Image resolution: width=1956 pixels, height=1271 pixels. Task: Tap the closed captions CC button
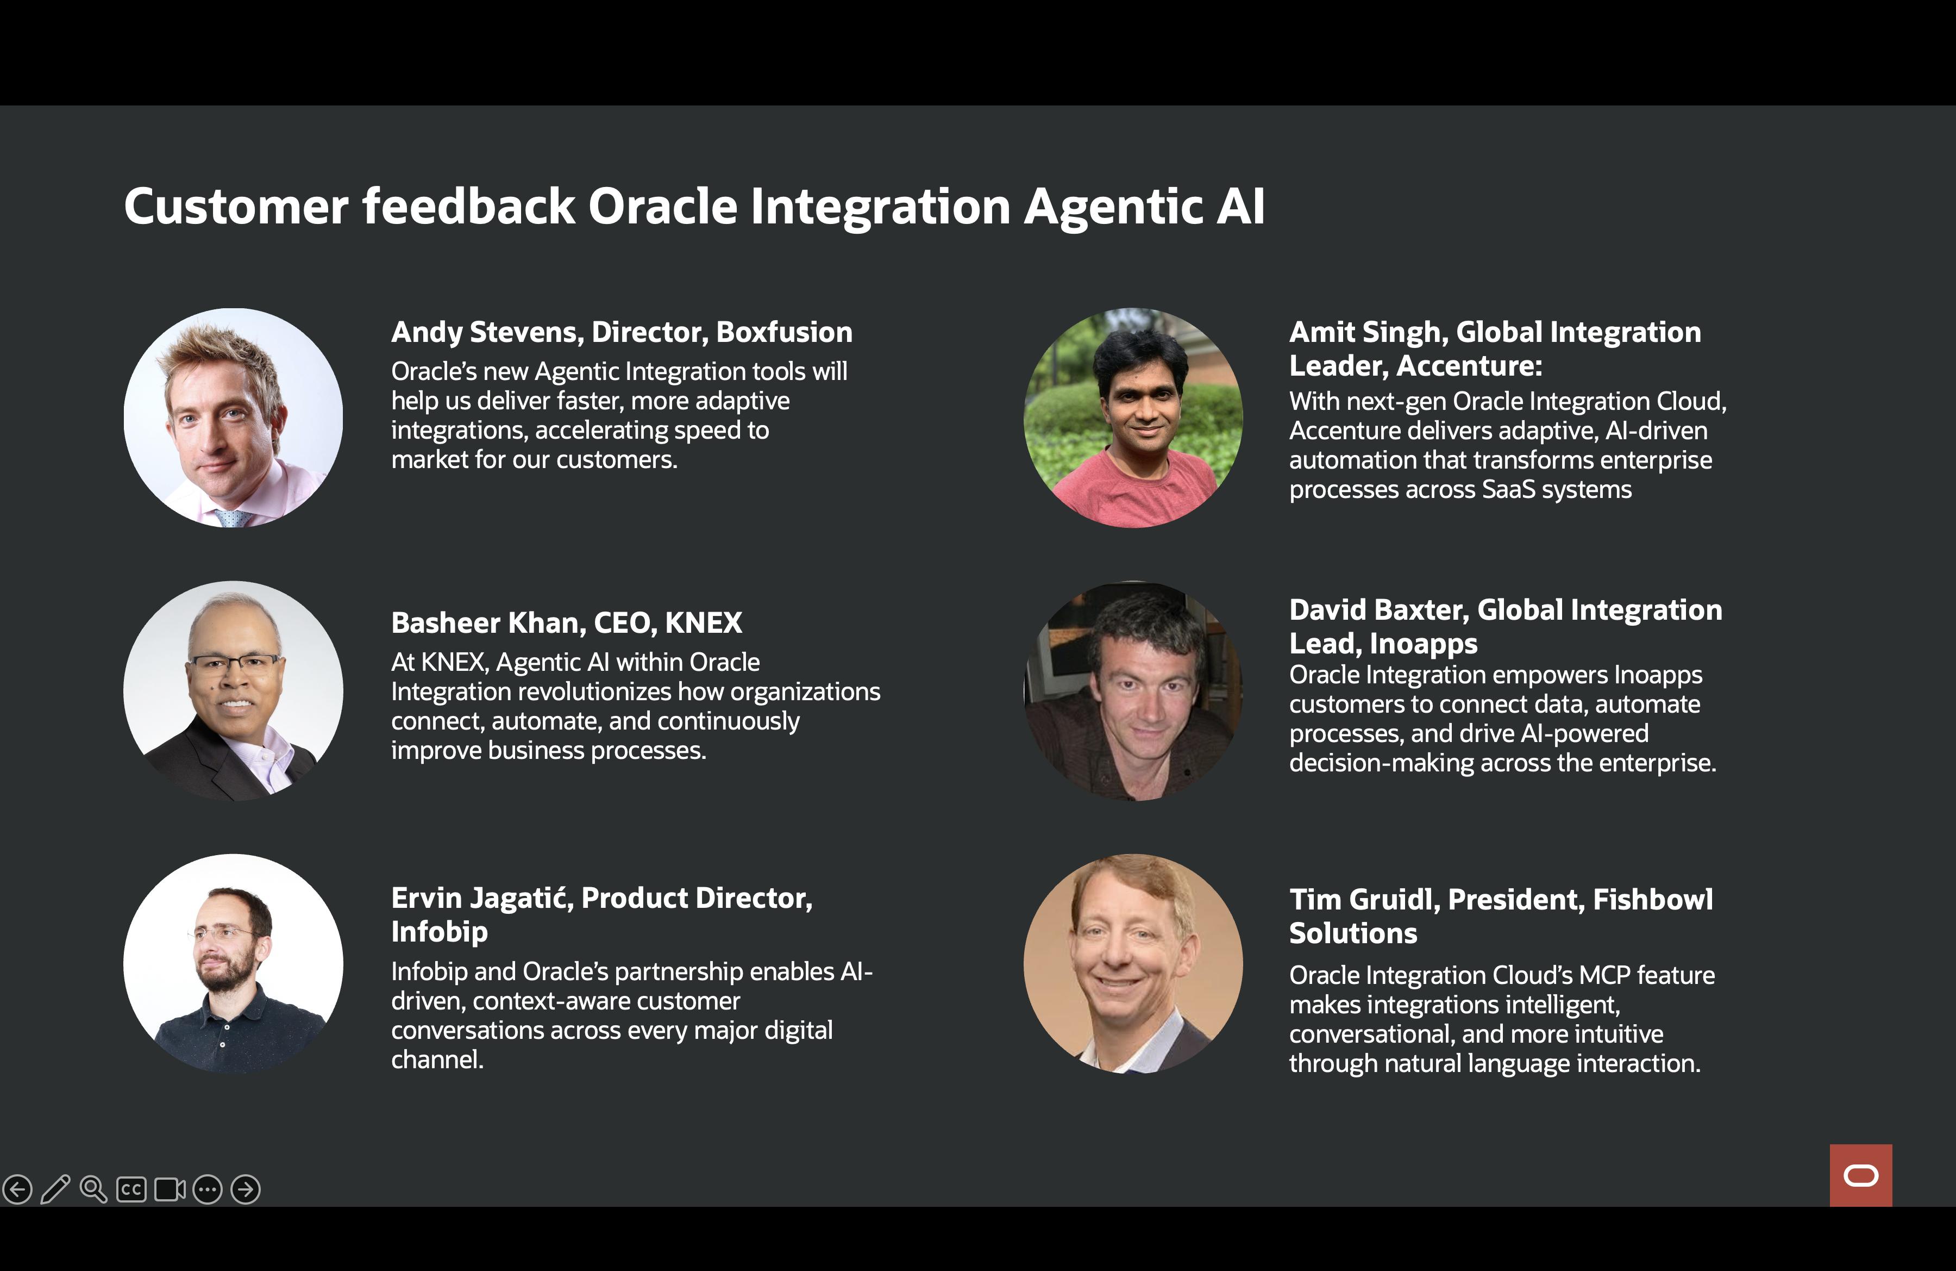click(131, 1189)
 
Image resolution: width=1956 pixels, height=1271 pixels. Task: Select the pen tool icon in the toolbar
click(55, 1189)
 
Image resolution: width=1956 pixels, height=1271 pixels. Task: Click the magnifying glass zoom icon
click(93, 1189)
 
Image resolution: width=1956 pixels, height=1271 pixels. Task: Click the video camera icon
click(170, 1189)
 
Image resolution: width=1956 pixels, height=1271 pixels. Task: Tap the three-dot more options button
click(208, 1189)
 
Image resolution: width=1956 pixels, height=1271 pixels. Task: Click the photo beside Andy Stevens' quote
click(234, 418)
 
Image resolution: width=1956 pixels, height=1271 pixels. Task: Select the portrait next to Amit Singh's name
click(1133, 418)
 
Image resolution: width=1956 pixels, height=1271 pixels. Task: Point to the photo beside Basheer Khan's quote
click(234, 690)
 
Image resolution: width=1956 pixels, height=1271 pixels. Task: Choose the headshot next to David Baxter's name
click(1133, 690)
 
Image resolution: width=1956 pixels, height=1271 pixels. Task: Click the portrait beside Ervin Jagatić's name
click(234, 963)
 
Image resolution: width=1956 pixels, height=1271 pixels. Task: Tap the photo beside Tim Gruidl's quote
click(1133, 963)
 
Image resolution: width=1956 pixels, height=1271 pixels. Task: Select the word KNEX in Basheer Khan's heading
click(704, 623)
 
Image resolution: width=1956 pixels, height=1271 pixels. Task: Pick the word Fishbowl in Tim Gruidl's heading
click(1653, 899)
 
